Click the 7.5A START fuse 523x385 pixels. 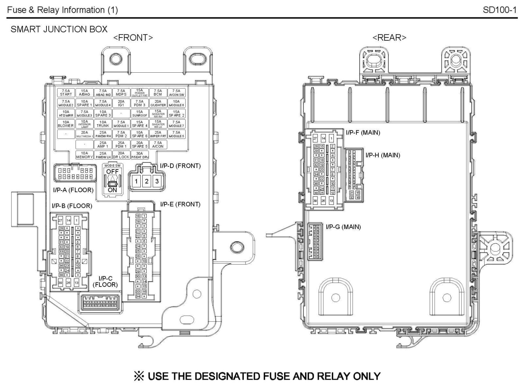click(66, 93)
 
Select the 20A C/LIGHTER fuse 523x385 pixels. click(158, 103)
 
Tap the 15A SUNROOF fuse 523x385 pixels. click(140, 114)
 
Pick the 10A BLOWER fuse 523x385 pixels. click(66, 124)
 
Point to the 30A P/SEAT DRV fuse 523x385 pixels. click(140, 155)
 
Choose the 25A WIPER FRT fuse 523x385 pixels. click(158, 134)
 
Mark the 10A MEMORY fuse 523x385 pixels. click(84, 155)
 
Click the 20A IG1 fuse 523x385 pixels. click(121, 103)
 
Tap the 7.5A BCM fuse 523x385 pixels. click(158, 93)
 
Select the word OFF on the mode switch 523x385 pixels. click(112, 172)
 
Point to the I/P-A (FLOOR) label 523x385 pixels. click(73, 190)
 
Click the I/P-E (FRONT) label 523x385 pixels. click(180, 204)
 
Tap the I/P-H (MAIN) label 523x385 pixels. click(383, 155)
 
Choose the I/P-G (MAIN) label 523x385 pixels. click(343, 227)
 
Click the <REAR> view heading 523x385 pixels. click(389, 38)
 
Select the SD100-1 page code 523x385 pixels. click(499, 10)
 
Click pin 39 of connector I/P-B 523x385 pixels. click(61, 283)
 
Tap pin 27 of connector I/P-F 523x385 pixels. click(315, 139)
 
